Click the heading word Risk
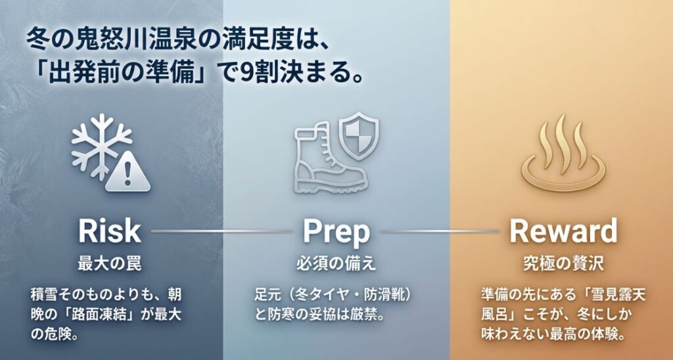[109, 231]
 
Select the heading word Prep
[336, 231]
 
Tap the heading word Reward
[564, 231]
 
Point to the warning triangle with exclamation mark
[128, 175]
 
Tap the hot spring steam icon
[563, 152]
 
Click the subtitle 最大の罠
[109, 263]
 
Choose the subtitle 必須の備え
[336, 263]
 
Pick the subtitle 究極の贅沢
[564, 263]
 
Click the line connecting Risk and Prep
[221, 231]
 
